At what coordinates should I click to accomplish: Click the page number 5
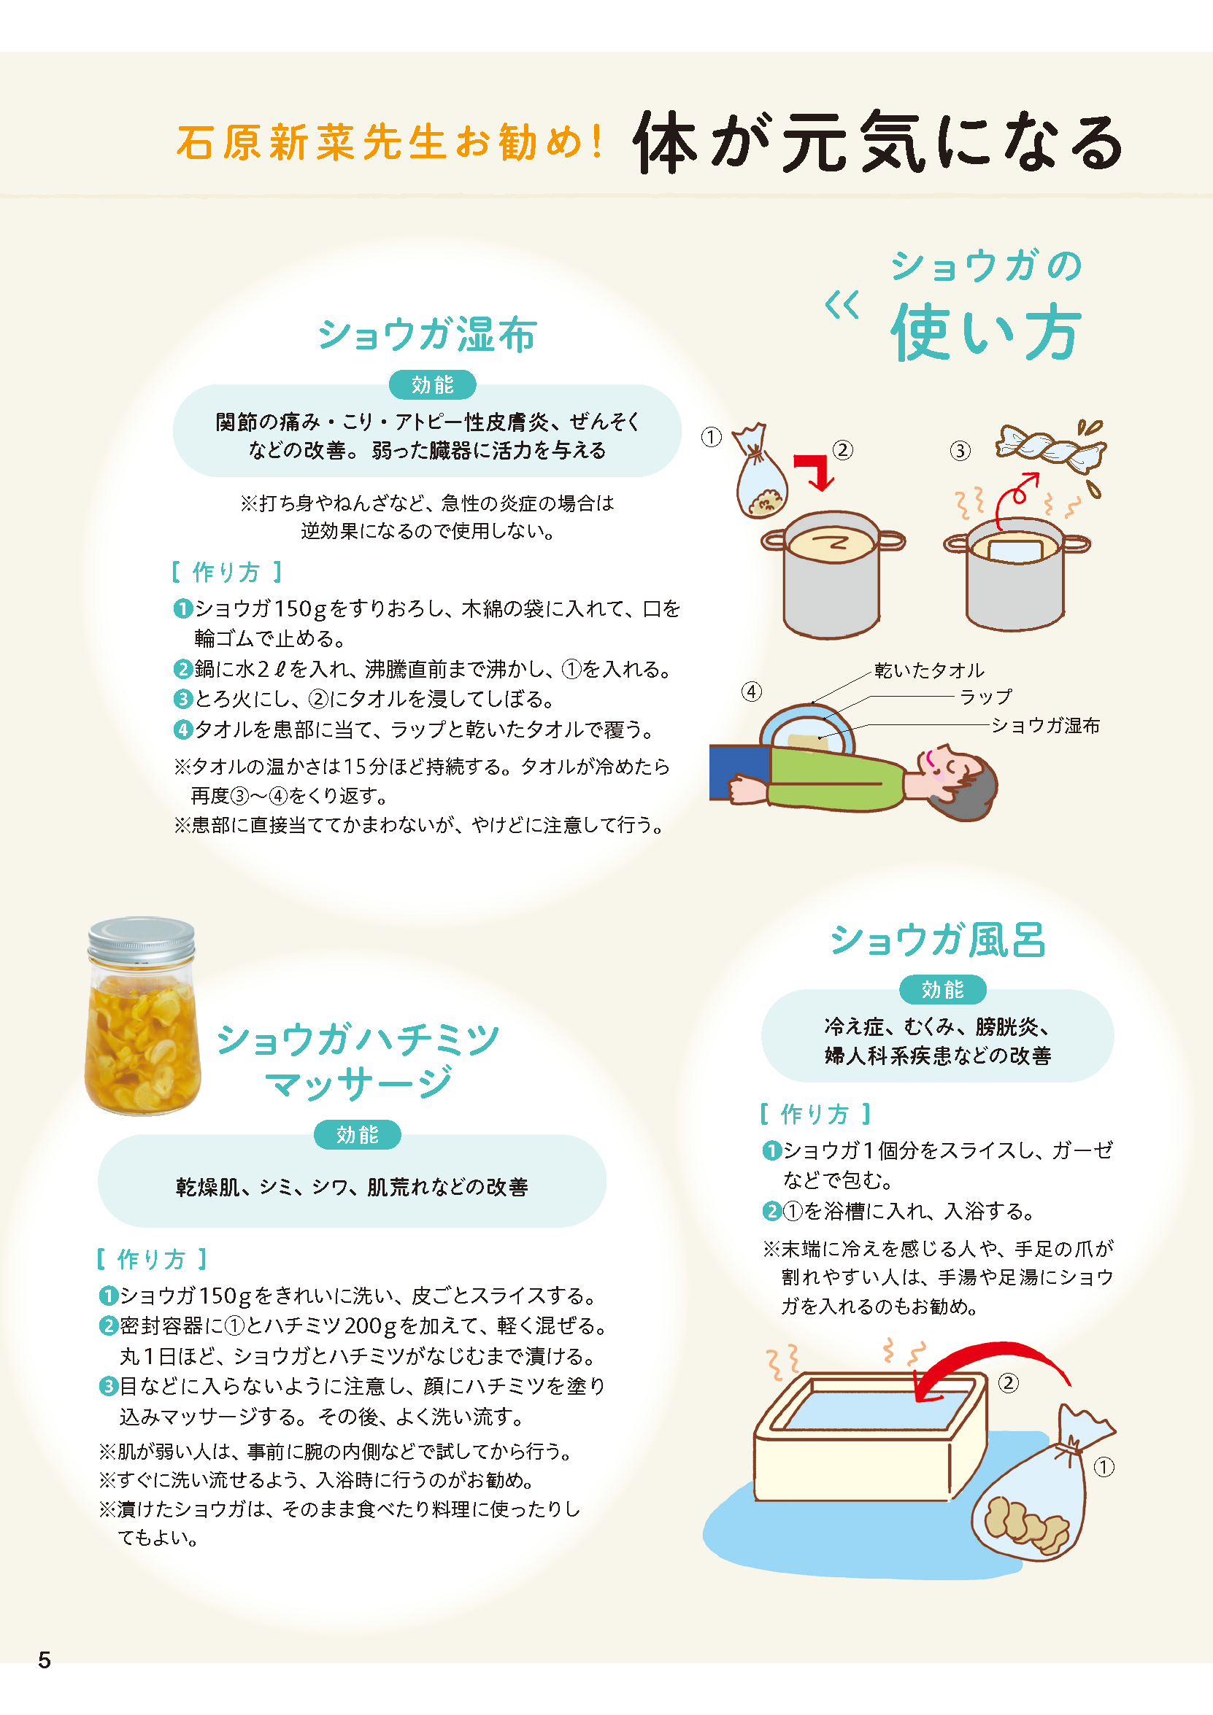[44, 1660]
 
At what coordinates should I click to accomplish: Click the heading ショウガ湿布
[428, 334]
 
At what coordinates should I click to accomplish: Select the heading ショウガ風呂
[938, 940]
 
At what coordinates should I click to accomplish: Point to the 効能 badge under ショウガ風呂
[942, 990]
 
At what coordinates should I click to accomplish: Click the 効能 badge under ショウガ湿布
[432, 384]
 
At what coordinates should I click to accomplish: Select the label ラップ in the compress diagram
[986, 697]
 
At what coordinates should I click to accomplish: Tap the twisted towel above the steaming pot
[1051, 449]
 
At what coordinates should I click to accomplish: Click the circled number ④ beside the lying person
[751, 692]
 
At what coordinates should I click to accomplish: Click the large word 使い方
[986, 333]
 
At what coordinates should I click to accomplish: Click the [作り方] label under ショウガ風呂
[815, 1114]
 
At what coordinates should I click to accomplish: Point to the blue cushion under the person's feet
[739, 772]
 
